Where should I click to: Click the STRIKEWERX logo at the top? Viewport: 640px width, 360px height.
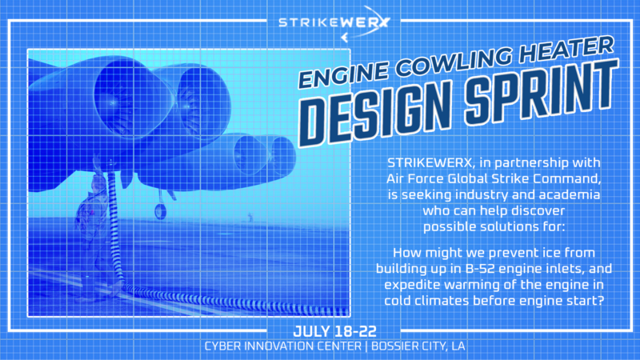[x=334, y=23]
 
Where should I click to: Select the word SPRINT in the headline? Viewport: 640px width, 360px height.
[x=542, y=92]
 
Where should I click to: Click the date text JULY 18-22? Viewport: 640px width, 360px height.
[x=334, y=331]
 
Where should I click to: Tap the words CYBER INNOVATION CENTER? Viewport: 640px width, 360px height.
[x=283, y=346]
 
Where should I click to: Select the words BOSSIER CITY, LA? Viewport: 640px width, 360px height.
[x=418, y=346]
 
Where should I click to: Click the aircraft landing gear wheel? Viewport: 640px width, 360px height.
[x=161, y=211]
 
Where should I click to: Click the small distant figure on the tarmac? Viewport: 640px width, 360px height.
[x=250, y=217]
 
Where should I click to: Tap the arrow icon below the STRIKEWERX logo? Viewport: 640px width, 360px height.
[x=345, y=38]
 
